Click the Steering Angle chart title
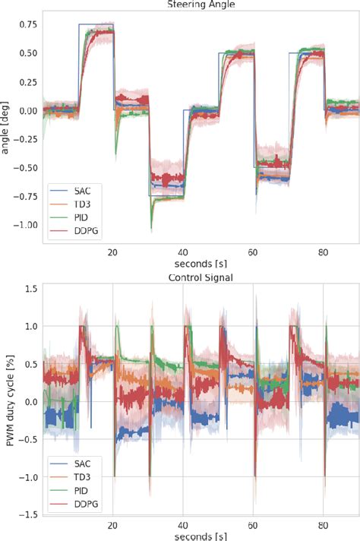point(201,5)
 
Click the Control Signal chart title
point(201,278)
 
